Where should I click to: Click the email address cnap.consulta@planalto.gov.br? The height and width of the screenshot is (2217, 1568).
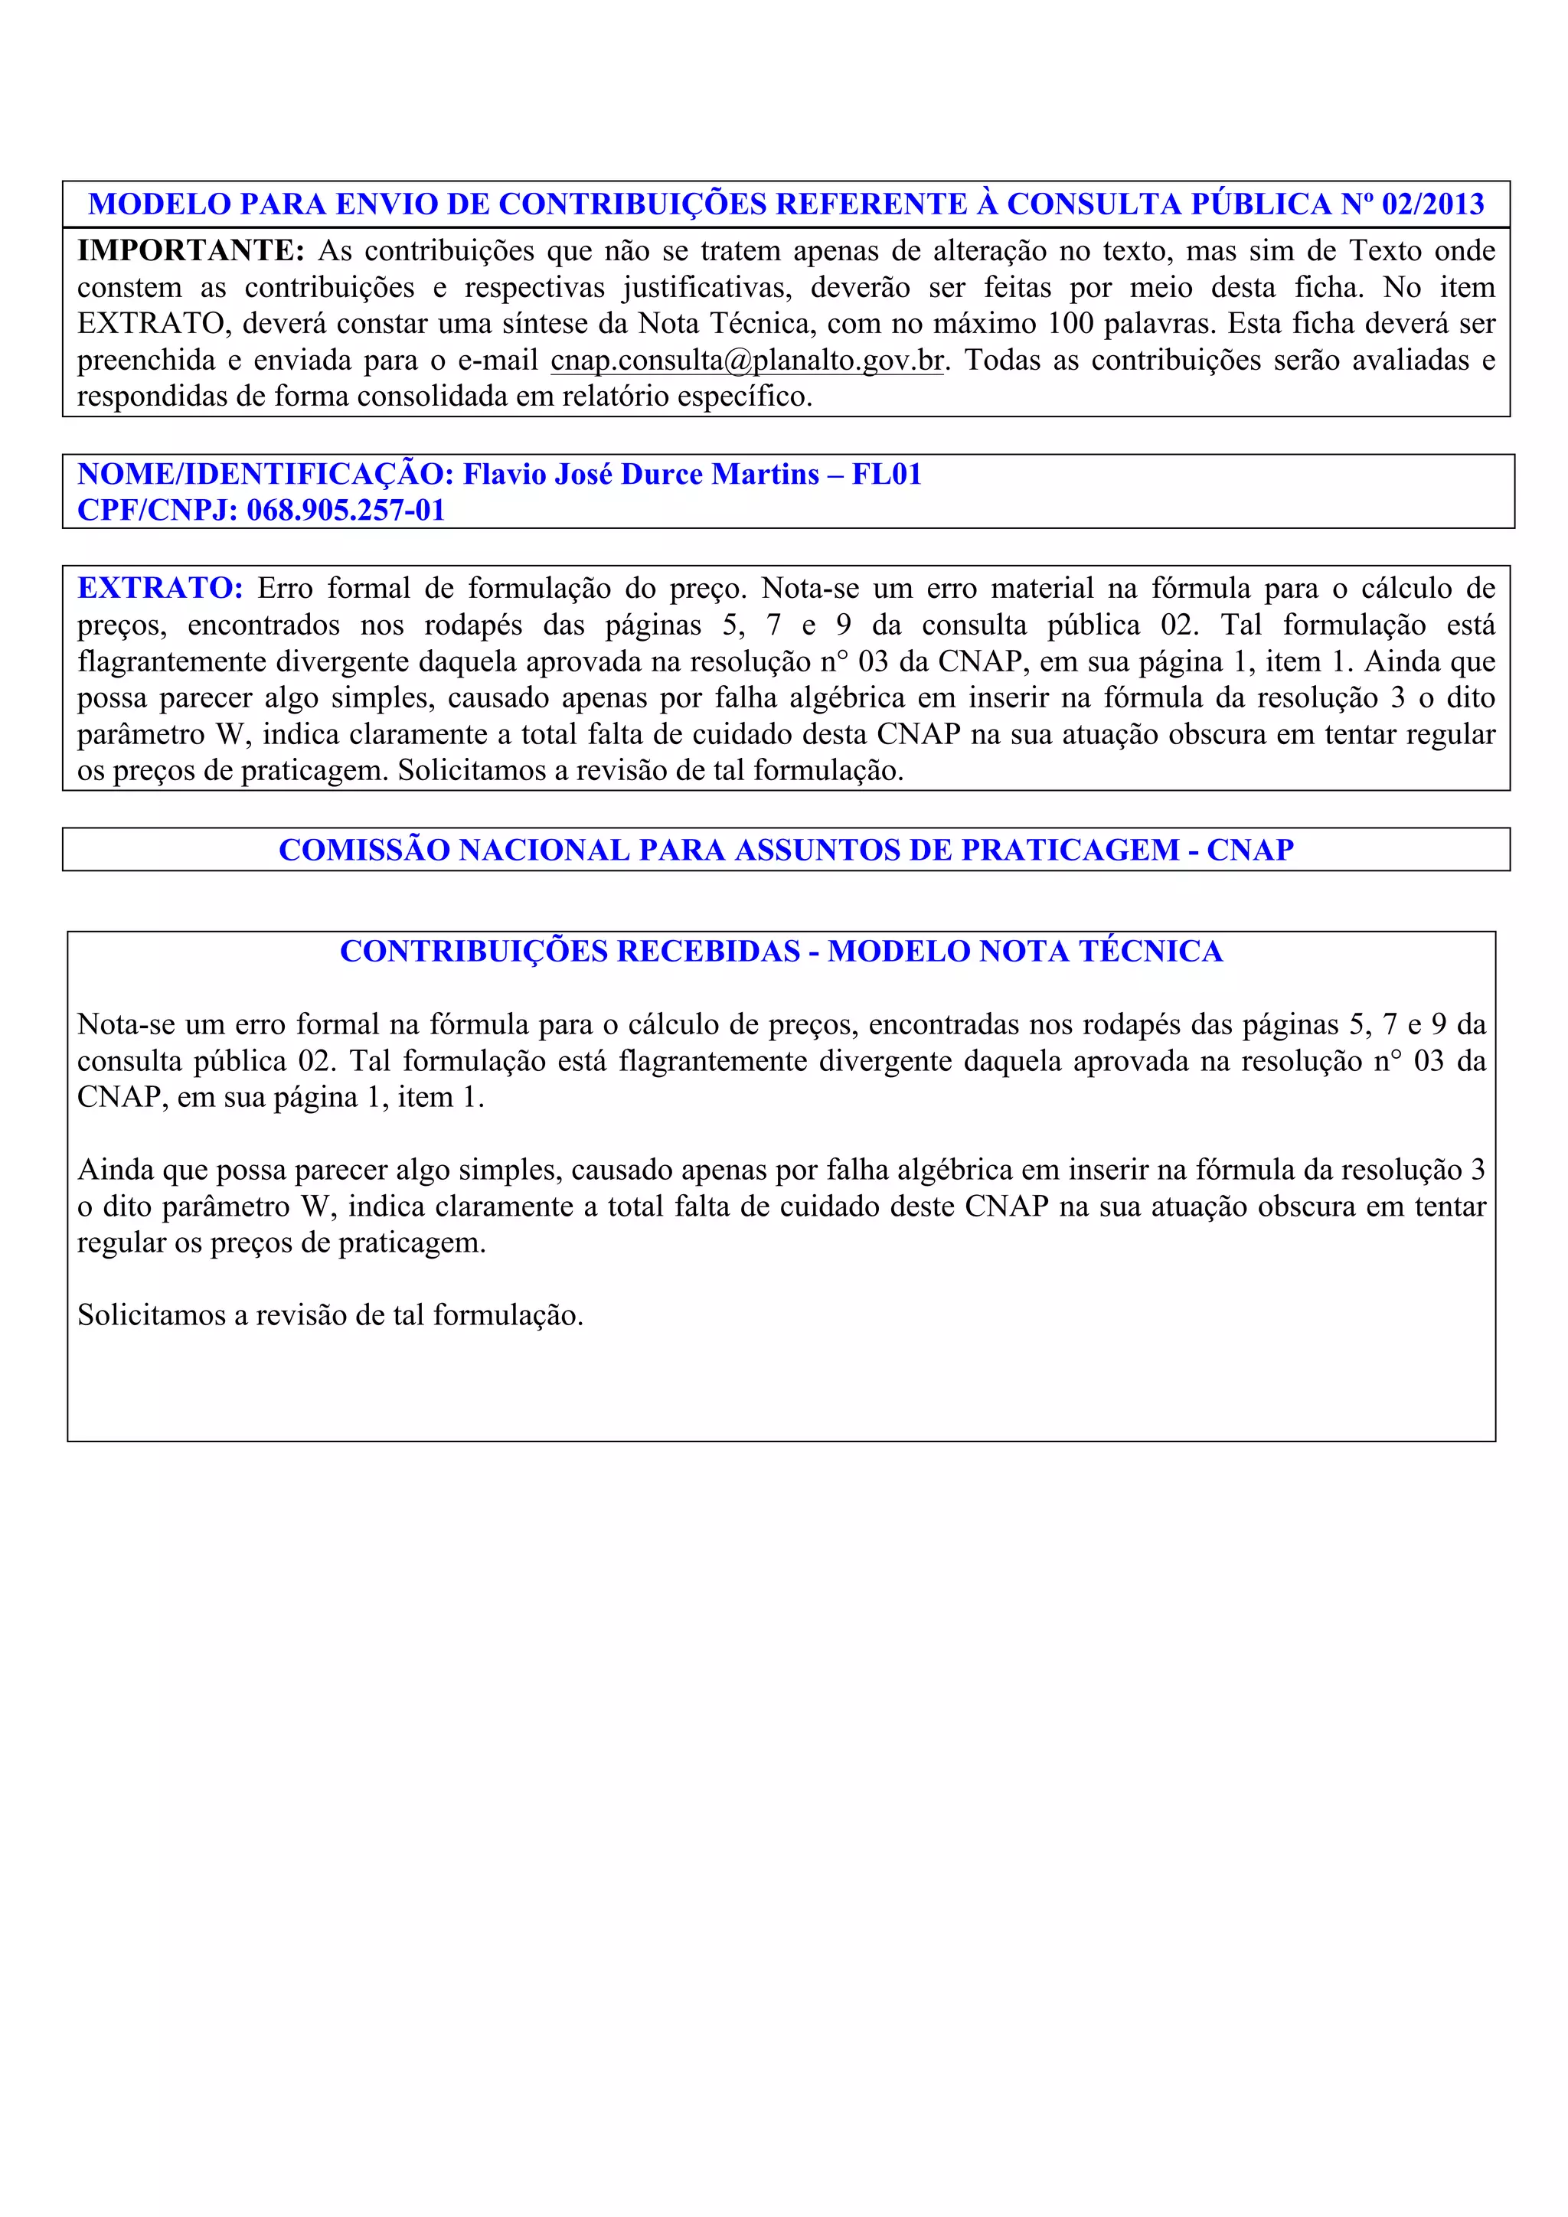coord(746,360)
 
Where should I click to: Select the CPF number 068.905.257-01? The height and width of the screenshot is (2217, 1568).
coord(345,510)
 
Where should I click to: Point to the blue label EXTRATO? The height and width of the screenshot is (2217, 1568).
coord(159,588)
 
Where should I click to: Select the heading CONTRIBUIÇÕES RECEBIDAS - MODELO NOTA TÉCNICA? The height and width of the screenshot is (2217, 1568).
coord(781,951)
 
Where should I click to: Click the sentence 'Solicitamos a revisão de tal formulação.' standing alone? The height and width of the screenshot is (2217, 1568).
coord(330,1315)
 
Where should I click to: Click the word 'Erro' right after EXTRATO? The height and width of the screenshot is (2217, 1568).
coord(285,588)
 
